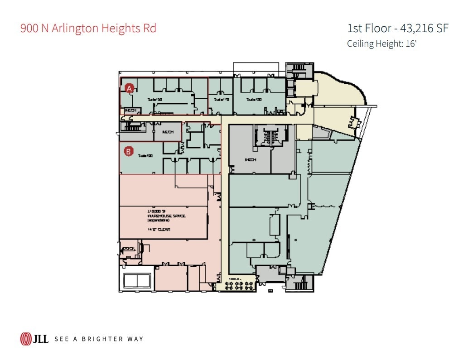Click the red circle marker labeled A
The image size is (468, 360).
pos(129,89)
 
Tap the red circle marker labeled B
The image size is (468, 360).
pos(129,152)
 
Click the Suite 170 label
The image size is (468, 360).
pos(222,99)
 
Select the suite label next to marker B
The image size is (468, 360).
pos(145,155)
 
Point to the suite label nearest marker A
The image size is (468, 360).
pos(155,99)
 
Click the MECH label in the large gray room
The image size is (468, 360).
pos(251,160)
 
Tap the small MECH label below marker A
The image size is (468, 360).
pos(130,110)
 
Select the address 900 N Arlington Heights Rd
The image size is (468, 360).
pos(88,28)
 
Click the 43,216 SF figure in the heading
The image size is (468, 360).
pos(424,28)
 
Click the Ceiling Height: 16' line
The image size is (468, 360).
pos(381,44)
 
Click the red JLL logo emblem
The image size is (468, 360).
pos(25,338)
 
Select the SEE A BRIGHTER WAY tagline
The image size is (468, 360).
pos(99,339)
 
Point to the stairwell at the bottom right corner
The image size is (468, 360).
pos(299,283)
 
